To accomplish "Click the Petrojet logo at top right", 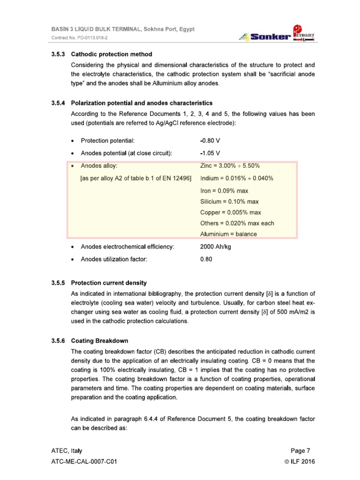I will pyautogui.click(x=304, y=33).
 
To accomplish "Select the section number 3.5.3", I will pyautogui.click(x=59, y=54).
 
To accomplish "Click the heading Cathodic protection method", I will pyautogui.click(x=111, y=54).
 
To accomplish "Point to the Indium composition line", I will pyautogui.click(x=237, y=179).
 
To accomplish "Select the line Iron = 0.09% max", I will pyautogui.click(x=224, y=191).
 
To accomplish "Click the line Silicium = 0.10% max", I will pyautogui.click(x=229, y=202).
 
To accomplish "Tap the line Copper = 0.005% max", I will pyautogui.click(x=230, y=212).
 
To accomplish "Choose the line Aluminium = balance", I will pyautogui.click(x=228, y=234).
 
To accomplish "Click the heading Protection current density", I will pyautogui.click(x=108, y=283).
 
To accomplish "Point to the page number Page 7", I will pyautogui.click(x=300, y=451).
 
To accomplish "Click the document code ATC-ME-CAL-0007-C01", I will pyautogui.click(x=84, y=462).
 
